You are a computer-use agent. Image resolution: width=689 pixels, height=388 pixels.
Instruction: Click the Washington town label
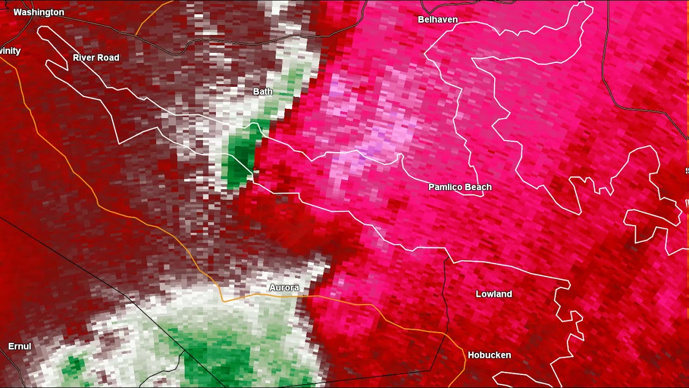pyautogui.click(x=39, y=12)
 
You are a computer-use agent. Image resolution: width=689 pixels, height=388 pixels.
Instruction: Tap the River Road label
pyautogui.click(x=96, y=58)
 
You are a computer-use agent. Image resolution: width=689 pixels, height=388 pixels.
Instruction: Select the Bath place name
pyautogui.click(x=263, y=92)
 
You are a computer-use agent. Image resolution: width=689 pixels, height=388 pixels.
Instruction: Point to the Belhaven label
pyautogui.click(x=438, y=20)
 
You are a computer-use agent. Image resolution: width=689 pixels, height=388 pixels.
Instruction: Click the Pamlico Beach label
pyautogui.click(x=460, y=187)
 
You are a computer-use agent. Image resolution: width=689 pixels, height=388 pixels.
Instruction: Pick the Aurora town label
pyautogui.click(x=284, y=288)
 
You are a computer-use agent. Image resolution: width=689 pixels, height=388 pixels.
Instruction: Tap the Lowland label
pyautogui.click(x=494, y=294)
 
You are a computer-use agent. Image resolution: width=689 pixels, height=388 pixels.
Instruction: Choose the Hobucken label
pyautogui.click(x=489, y=355)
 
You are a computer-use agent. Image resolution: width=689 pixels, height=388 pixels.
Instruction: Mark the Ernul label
pyautogui.click(x=19, y=347)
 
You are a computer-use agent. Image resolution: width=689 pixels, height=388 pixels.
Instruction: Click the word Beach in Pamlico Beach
pyautogui.click(x=477, y=187)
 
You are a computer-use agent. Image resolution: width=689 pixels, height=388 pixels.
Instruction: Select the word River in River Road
pyautogui.click(x=85, y=58)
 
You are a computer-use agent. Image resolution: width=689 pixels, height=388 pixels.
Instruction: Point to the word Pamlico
pyautogui.click(x=445, y=187)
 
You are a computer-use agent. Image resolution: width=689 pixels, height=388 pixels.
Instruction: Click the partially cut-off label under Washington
pyautogui.click(x=10, y=51)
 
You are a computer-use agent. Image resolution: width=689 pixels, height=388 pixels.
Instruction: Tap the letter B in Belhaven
pyautogui.click(x=421, y=20)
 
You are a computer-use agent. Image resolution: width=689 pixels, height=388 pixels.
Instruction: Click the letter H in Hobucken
pyautogui.click(x=471, y=355)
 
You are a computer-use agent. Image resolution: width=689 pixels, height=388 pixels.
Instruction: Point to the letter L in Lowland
pyautogui.click(x=479, y=294)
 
